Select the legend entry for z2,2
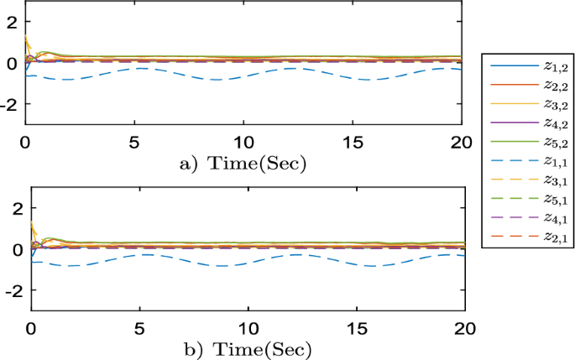(527, 86)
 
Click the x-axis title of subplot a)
(243, 162)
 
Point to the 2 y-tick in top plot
(13, 23)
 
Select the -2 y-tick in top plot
(9, 103)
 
